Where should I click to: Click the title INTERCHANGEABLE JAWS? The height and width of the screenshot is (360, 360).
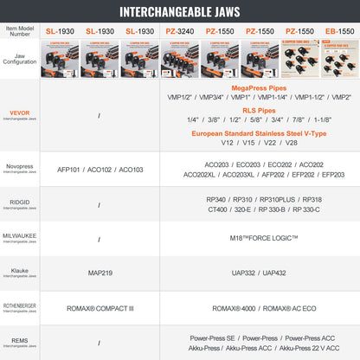[180, 13]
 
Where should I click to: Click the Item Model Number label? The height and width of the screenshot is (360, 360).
[22, 31]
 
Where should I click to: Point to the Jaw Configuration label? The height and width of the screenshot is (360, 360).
[22, 58]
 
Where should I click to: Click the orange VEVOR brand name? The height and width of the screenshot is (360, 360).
[20, 113]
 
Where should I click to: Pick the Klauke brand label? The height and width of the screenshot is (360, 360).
[20, 271]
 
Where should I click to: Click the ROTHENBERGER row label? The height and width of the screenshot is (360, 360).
[20, 305]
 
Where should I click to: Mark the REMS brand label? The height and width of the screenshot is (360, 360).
[20, 340]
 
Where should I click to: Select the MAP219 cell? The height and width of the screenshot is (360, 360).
[100, 273]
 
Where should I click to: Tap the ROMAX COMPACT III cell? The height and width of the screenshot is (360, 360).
[100, 307]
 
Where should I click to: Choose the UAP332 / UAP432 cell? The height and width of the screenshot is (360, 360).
[257, 273]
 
